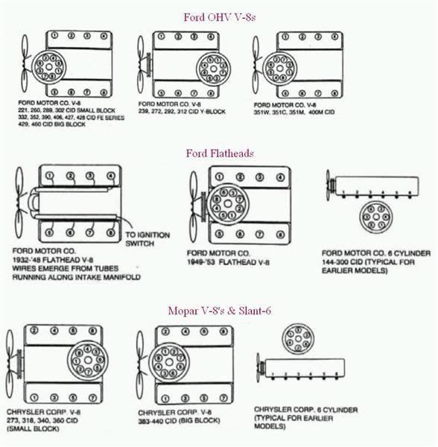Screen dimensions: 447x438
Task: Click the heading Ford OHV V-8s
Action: pos(220,16)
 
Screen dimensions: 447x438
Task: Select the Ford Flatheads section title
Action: pos(220,153)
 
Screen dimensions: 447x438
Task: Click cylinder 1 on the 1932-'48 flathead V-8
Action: pos(48,177)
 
